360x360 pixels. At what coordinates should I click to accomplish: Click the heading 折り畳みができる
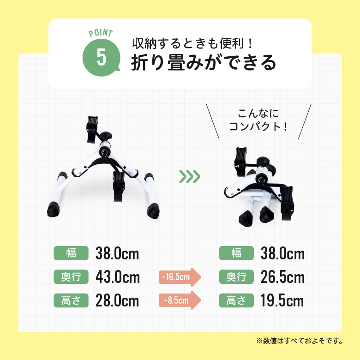click(x=204, y=62)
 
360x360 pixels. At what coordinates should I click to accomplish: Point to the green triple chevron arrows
click(x=189, y=176)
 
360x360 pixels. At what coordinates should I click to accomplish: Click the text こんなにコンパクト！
click(x=258, y=120)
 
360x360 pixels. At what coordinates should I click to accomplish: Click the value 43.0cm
click(x=117, y=277)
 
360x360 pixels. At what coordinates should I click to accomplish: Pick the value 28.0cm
click(x=117, y=301)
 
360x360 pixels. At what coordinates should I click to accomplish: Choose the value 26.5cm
click(x=282, y=277)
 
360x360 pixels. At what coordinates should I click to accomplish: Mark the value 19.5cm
click(x=282, y=301)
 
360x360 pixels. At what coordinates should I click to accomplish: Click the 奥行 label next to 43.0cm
click(x=71, y=277)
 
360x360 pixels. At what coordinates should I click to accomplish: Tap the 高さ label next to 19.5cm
click(x=236, y=301)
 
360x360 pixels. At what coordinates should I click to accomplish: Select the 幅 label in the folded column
click(x=236, y=253)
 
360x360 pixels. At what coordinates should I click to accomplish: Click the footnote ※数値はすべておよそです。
click(x=299, y=342)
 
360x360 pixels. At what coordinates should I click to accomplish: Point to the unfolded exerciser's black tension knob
click(x=108, y=136)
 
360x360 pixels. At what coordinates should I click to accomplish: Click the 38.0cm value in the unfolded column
click(x=117, y=253)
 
